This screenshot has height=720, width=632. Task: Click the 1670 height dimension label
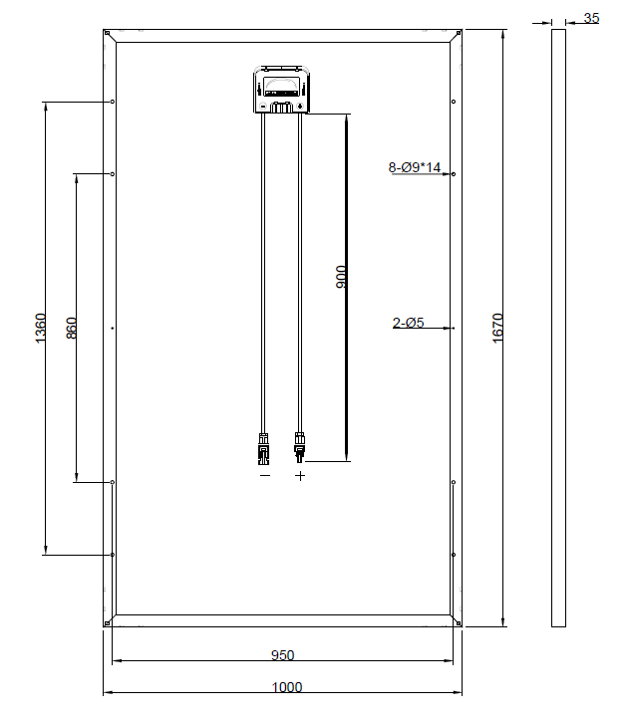pos(497,328)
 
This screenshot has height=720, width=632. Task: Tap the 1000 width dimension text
pos(287,687)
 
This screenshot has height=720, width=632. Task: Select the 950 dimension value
pos(282,655)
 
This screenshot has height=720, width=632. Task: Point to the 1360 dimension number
pos(41,328)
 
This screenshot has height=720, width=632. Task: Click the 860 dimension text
pos(72,328)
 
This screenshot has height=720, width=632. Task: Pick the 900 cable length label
pos(341,277)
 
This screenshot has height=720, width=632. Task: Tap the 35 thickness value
pos(591,18)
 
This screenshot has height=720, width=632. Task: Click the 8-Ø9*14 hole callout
pos(415,167)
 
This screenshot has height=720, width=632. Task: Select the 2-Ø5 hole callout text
pos(408,323)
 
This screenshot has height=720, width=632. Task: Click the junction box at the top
pos(281,89)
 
